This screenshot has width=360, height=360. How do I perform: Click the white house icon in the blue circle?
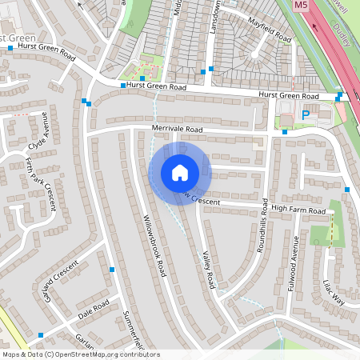tap(180, 172)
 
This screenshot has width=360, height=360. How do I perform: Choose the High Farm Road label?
tap(298, 209)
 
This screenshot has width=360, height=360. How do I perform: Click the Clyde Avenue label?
tap(38, 140)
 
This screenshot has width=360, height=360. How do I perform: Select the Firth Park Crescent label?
tap(41, 183)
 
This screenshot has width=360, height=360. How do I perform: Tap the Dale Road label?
tap(94, 309)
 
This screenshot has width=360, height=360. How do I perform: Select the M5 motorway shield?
tap(301, 5)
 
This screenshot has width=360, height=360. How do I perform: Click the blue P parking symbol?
tap(305, 115)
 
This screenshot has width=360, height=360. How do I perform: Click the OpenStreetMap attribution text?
tap(81, 354)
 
